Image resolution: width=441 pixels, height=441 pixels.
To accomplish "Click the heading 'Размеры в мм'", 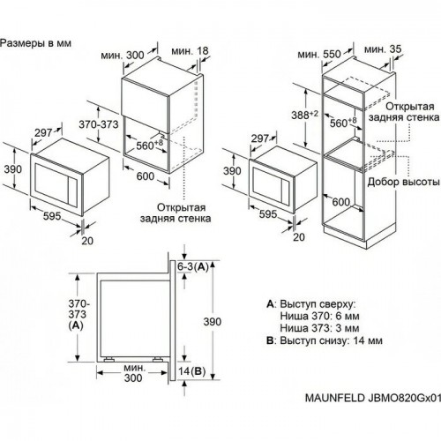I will click(x=38, y=41).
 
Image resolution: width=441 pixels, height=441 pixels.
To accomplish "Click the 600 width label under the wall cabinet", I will click(x=145, y=175).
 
